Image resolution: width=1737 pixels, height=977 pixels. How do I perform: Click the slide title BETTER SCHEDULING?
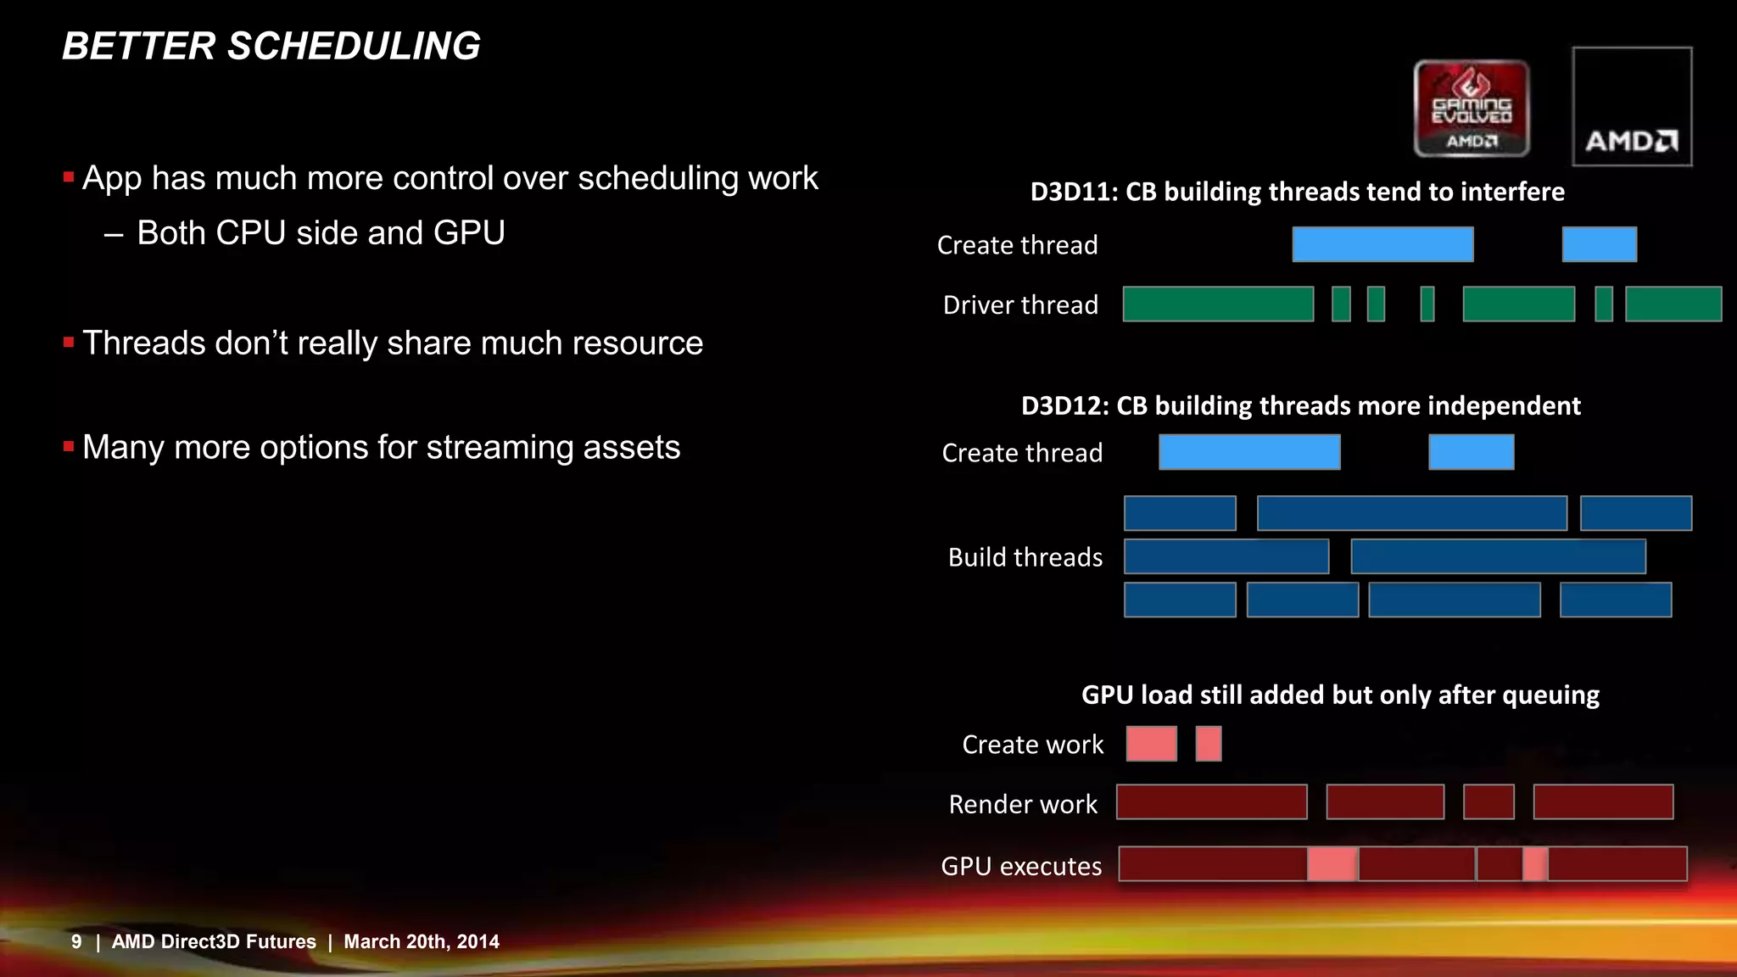[x=271, y=46]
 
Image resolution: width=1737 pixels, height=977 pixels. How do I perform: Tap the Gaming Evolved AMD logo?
[x=1472, y=109]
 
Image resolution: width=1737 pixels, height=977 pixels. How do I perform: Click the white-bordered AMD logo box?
[x=1632, y=107]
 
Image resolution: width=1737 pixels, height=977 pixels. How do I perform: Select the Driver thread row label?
[x=1020, y=304]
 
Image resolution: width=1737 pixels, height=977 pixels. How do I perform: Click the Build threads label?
[x=1025, y=557]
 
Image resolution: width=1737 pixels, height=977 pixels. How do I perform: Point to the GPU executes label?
[x=1021, y=866]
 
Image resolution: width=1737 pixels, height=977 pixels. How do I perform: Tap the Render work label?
[x=1023, y=804]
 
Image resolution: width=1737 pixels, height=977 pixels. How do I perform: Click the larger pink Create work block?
[x=1151, y=744]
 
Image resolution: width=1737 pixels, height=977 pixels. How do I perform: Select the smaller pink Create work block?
[x=1209, y=744]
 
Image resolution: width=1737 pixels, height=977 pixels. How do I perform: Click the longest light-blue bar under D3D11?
[x=1382, y=244]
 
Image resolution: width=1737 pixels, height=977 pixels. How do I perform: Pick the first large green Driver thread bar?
[x=1218, y=304]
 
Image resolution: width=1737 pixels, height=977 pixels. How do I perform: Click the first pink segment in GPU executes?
[x=1332, y=864]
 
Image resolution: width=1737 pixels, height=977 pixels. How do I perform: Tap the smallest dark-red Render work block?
[x=1488, y=802]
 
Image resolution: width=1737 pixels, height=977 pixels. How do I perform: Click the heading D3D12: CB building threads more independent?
[x=1300, y=405]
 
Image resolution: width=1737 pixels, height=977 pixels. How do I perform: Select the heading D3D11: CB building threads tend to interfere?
[x=1297, y=192]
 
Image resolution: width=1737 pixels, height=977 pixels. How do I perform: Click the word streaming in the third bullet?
[x=493, y=448]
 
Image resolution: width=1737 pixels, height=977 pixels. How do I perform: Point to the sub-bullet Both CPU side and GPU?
[x=321, y=233]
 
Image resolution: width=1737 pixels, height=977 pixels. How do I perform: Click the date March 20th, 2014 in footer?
[x=422, y=941]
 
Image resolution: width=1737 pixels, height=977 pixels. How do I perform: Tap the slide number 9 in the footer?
[x=76, y=941]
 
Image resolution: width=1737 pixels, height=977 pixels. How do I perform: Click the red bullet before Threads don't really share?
[x=69, y=343]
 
